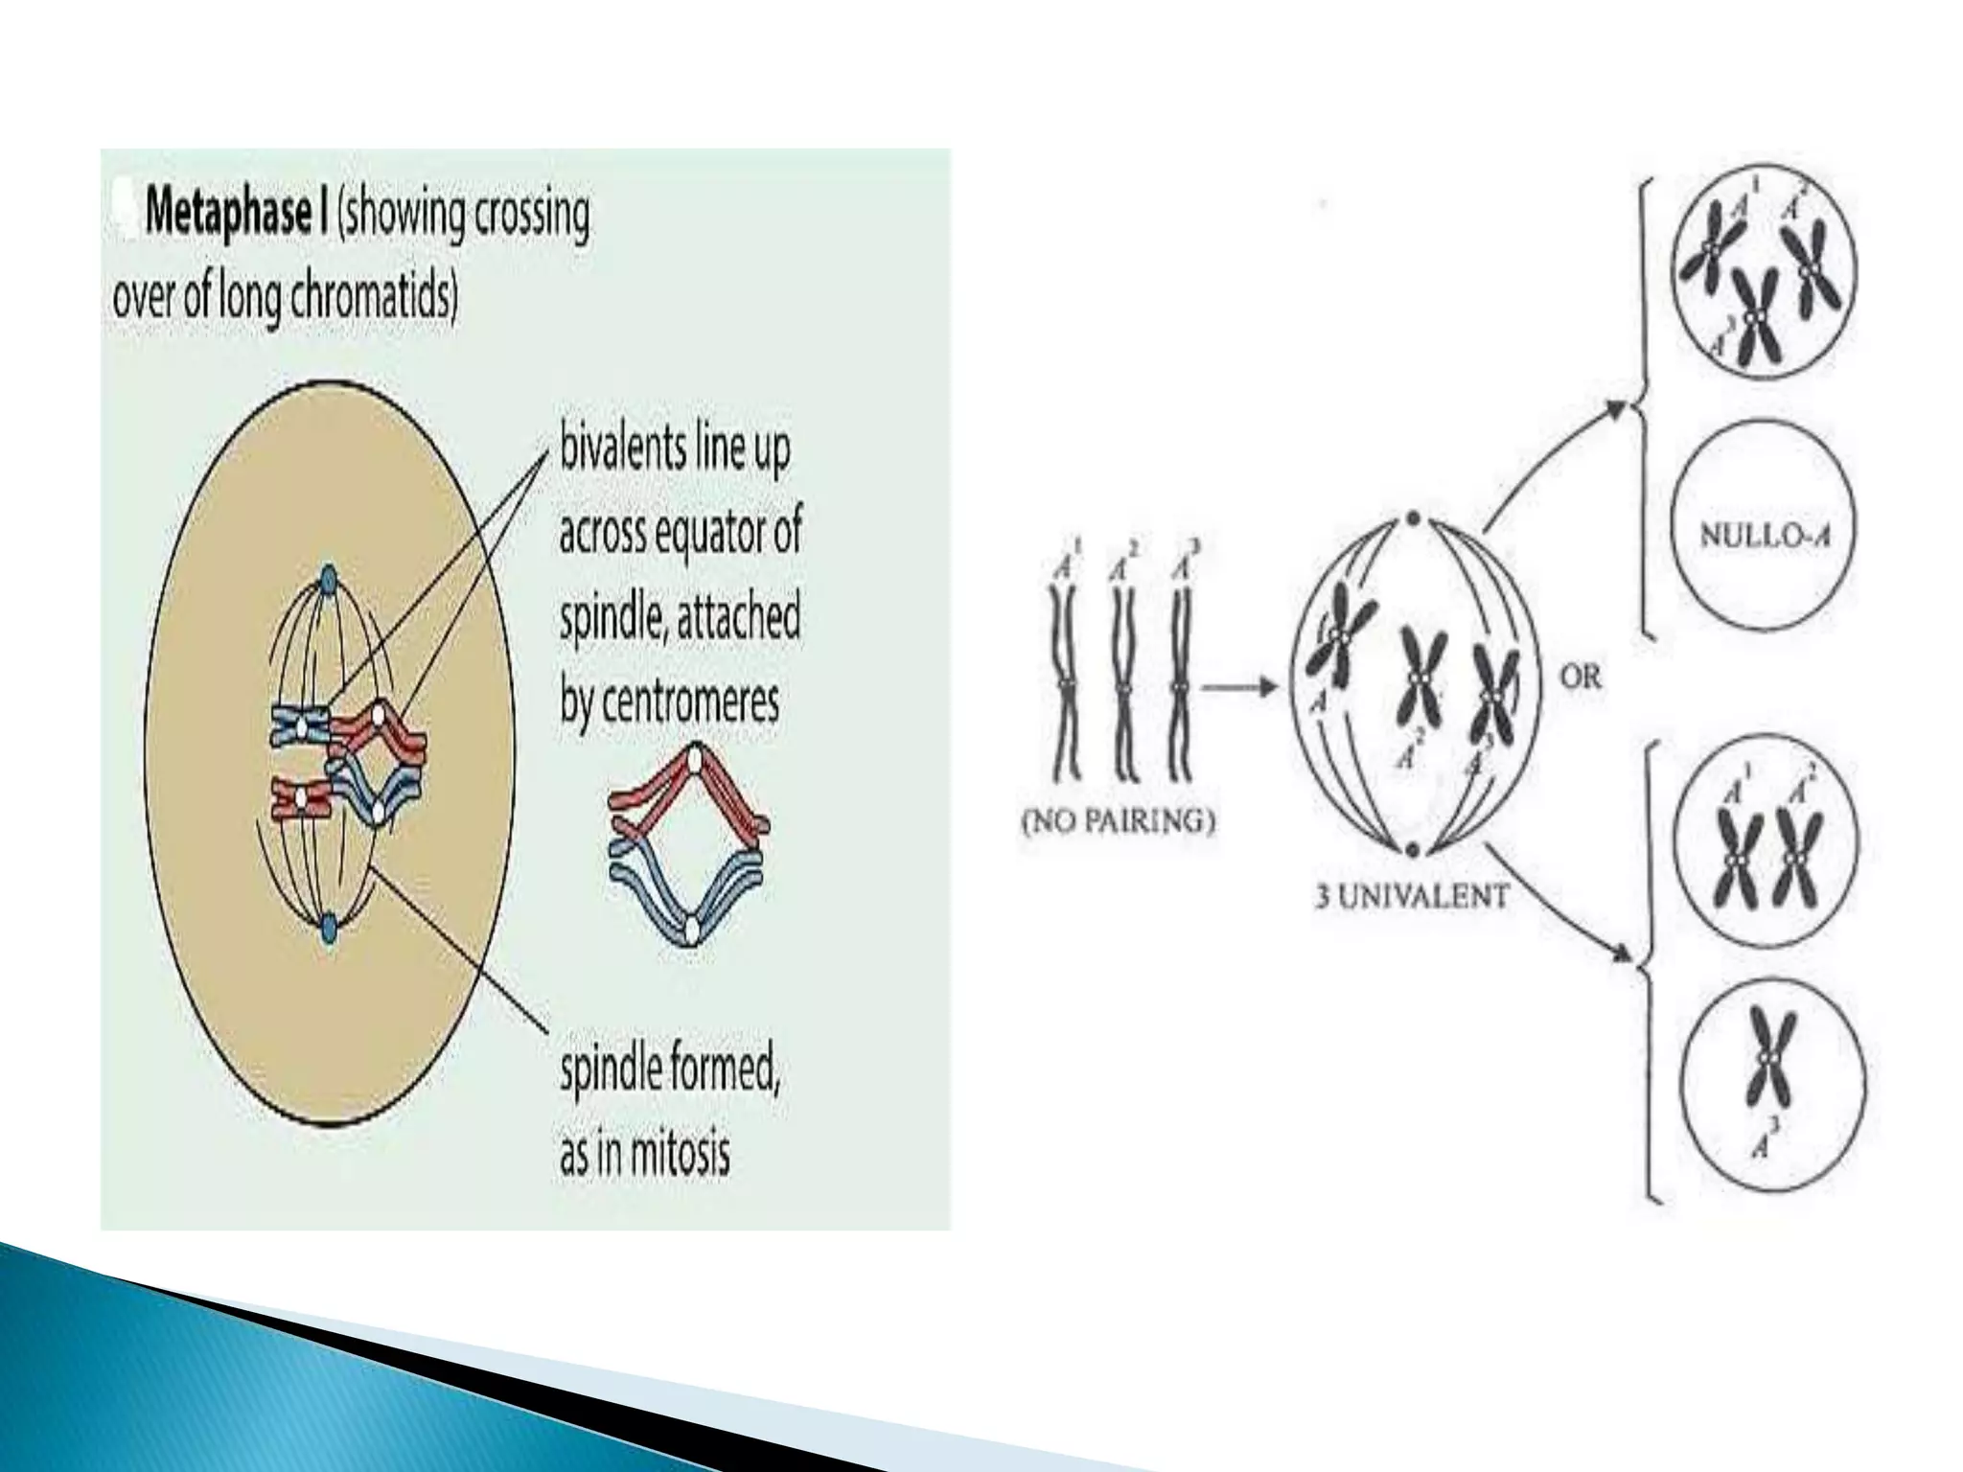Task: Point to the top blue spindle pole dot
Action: pyautogui.click(x=327, y=580)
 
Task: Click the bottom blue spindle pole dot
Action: pyautogui.click(x=328, y=927)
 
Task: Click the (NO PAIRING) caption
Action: pyautogui.click(x=1118, y=821)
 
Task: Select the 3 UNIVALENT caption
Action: pyautogui.click(x=1411, y=897)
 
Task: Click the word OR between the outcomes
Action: pyautogui.click(x=1581, y=678)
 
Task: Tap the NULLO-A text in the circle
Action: pyautogui.click(x=1765, y=535)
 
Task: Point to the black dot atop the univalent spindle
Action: pyautogui.click(x=1413, y=520)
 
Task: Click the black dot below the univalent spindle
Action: pyautogui.click(x=1413, y=849)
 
